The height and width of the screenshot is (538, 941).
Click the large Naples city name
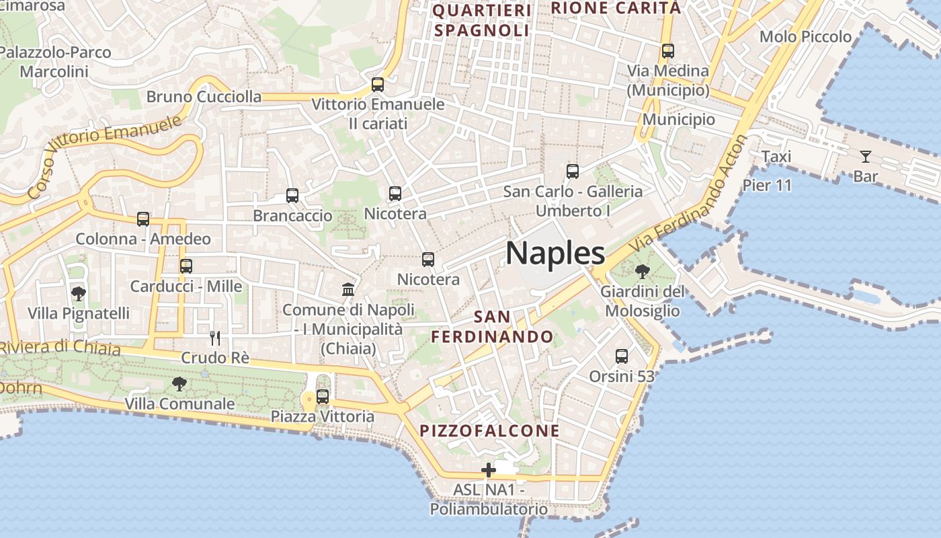pos(555,254)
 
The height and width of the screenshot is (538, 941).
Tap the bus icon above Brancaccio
pos(292,196)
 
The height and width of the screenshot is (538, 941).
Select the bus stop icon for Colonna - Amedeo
pos(143,219)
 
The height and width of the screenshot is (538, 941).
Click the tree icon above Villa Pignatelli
pos(79,293)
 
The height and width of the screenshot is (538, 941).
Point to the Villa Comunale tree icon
pos(179,384)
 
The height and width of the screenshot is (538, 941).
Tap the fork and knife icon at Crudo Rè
pos(215,338)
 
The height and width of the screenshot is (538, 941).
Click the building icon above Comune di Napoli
pos(348,290)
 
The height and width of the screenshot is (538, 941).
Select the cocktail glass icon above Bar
pos(865,157)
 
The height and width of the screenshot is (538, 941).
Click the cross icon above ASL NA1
pos(489,470)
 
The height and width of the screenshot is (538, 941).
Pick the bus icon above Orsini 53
pos(622,356)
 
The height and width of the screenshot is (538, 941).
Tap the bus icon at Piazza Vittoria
pos(323,397)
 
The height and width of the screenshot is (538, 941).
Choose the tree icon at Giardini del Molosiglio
pos(643,272)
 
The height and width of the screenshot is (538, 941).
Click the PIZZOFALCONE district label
pos(490,431)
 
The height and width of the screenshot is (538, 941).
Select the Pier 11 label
pos(768,185)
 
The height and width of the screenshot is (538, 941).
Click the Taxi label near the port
pos(776,157)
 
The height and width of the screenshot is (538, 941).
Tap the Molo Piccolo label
pos(805,36)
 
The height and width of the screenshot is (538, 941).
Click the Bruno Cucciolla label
pos(204,97)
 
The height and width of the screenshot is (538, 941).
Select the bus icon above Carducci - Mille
pos(186,266)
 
